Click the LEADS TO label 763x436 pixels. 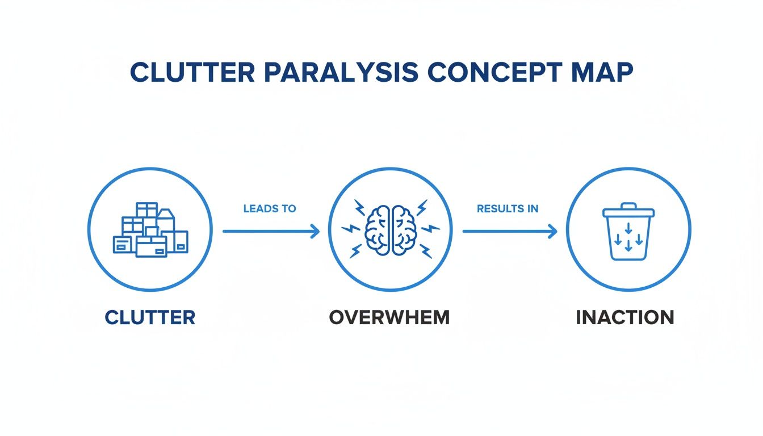coord(270,208)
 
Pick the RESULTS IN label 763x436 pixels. coord(508,208)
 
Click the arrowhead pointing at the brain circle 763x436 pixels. coord(315,231)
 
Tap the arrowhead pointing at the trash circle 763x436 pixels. coord(552,231)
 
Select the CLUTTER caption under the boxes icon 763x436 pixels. coord(150,317)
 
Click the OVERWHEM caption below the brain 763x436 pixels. coord(389,317)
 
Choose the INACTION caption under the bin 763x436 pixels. coord(625,317)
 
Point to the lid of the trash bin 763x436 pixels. coord(628,211)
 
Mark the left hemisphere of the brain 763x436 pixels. coord(377,230)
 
